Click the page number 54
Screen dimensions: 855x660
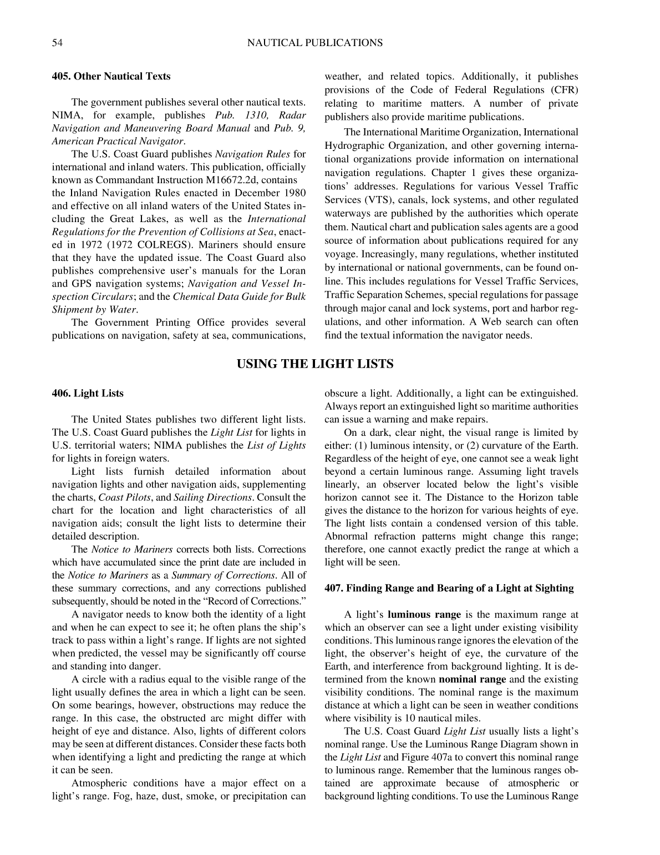57,43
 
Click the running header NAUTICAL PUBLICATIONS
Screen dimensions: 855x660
314,43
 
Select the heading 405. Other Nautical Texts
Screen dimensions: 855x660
111,77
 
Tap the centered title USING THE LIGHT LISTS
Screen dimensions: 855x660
315,364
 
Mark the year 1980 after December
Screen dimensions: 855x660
295,193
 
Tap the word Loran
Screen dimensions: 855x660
293,271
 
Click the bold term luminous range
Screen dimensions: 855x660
424,615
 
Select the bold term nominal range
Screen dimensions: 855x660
472,680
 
